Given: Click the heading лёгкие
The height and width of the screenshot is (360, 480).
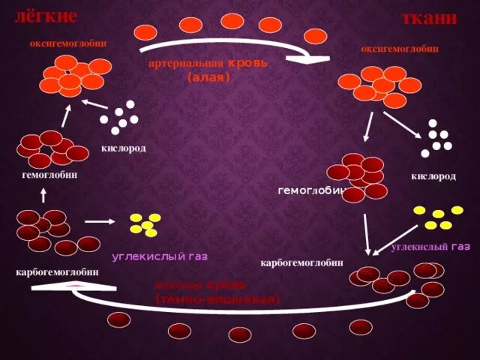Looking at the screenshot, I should click(x=46, y=15).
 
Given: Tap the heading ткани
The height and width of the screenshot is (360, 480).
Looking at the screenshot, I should click(x=430, y=19).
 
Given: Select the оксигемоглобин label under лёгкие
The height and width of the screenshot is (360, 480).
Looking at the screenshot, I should click(x=68, y=43).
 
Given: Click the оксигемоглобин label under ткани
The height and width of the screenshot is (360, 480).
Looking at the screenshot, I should click(x=400, y=49).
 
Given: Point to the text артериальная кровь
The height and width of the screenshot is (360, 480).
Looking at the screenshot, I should click(x=208, y=65).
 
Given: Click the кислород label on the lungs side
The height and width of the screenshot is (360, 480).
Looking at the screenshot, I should click(x=124, y=148).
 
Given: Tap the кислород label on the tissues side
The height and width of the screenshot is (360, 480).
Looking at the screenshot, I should click(x=433, y=176).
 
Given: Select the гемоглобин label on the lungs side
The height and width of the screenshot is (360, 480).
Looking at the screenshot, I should click(x=50, y=175).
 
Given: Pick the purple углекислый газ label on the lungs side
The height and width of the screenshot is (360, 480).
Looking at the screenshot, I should click(x=160, y=256).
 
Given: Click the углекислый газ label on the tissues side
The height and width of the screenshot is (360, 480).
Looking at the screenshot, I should click(x=430, y=247).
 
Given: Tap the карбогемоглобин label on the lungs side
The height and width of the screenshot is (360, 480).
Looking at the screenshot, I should click(x=57, y=271).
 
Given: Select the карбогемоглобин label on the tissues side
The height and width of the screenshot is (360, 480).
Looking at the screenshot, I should click(x=301, y=262).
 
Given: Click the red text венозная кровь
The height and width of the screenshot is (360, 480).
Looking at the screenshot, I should click(x=201, y=286).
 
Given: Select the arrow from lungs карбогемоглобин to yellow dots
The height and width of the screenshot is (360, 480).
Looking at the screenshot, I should click(x=100, y=222).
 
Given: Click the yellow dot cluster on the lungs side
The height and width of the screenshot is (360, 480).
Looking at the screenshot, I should click(x=145, y=223).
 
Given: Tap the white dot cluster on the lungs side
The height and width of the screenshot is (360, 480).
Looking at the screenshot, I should click(x=119, y=114).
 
